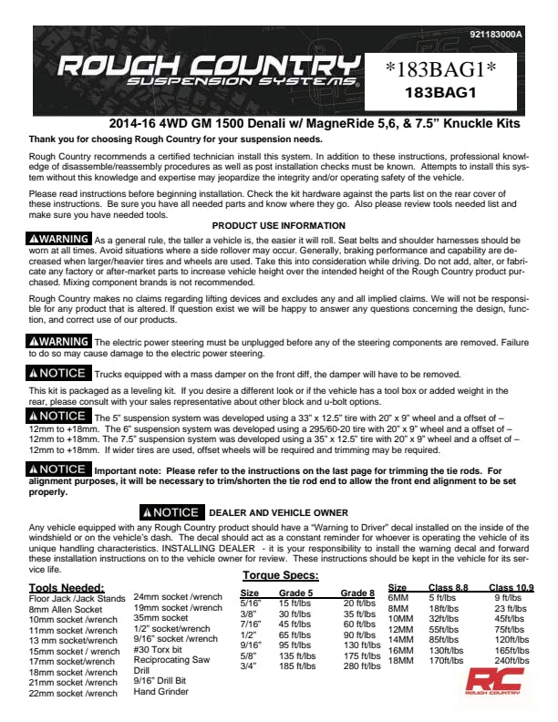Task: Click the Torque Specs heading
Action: tap(281, 576)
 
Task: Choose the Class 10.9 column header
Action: tap(511, 588)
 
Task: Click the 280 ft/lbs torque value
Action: tap(361, 666)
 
